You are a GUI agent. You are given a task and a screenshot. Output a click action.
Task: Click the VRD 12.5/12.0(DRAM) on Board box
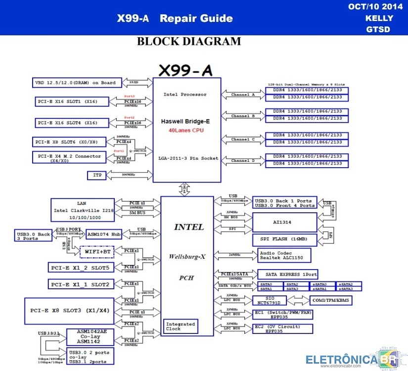pyautogui.click(x=75, y=83)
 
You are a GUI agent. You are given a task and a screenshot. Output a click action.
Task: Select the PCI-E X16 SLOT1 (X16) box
pyautogui.click(x=70, y=101)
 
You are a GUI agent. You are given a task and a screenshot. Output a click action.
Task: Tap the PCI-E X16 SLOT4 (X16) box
pyautogui.click(x=70, y=122)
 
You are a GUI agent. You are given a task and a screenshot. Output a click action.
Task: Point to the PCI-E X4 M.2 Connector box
pyautogui.click(x=69, y=158)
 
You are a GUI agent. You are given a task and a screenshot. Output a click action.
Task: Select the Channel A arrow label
pyautogui.click(x=243, y=94)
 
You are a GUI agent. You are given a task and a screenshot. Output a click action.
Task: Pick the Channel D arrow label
pyautogui.click(x=243, y=160)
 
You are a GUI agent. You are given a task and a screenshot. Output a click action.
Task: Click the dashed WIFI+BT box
pyautogui.click(x=97, y=251)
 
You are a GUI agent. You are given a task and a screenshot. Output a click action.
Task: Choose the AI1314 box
pyautogui.click(x=285, y=223)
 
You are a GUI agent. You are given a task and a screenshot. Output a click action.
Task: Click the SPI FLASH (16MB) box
pyautogui.click(x=285, y=239)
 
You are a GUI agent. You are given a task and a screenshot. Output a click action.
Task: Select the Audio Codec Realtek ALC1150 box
pyautogui.click(x=284, y=255)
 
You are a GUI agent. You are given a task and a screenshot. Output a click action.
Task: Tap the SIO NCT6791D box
pyautogui.click(x=269, y=300)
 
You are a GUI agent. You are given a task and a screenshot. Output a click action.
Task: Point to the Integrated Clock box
pyautogui.click(x=181, y=326)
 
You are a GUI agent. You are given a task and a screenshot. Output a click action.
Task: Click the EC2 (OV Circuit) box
pyautogui.click(x=283, y=329)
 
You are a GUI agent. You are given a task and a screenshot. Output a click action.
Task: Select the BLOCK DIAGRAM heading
pyautogui.click(x=188, y=41)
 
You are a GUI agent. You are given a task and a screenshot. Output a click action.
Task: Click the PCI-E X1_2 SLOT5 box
pyautogui.click(x=81, y=267)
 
